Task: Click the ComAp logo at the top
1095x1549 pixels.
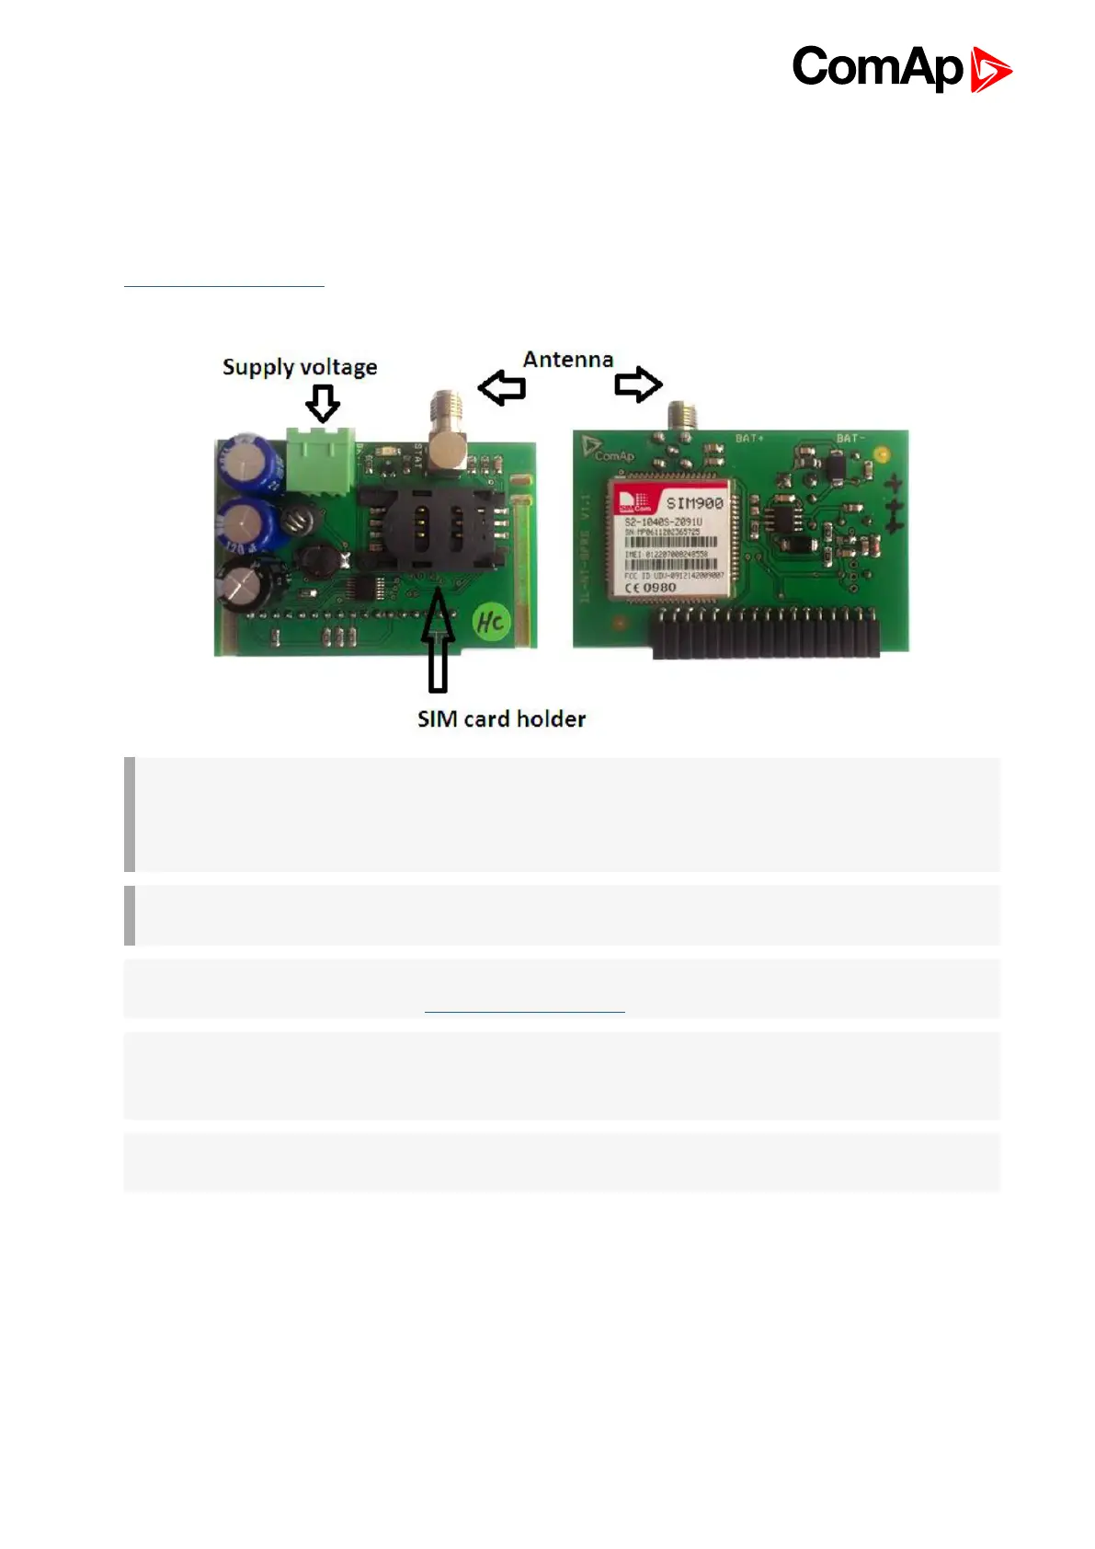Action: click(x=901, y=68)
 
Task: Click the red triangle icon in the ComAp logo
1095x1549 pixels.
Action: click(x=990, y=70)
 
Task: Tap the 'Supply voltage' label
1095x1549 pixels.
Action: click(x=300, y=367)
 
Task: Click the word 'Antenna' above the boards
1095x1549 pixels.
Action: click(x=567, y=360)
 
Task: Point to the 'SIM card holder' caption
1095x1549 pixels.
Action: click(x=501, y=718)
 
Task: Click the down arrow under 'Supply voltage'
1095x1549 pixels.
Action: click(x=323, y=403)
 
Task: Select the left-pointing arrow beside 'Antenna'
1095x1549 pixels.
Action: click(x=502, y=387)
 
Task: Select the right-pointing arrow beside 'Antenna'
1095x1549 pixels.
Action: click(x=638, y=384)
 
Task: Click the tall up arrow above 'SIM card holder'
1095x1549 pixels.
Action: click(x=439, y=639)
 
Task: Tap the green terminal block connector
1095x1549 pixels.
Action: click(x=320, y=459)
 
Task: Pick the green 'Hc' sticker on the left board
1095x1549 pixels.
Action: click(x=490, y=623)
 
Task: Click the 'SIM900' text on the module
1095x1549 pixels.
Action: click(x=694, y=503)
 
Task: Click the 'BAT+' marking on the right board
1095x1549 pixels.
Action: click(x=749, y=438)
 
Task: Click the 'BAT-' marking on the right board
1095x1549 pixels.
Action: click(x=849, y=438)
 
